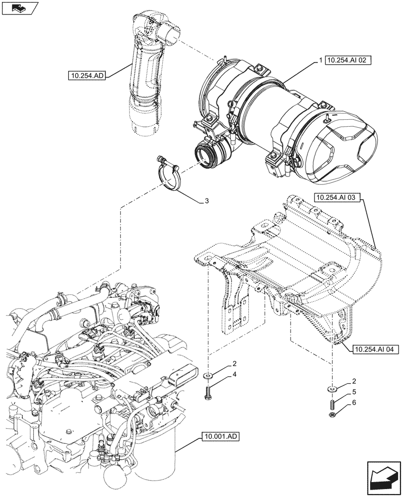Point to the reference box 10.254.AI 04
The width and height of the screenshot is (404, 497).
pos(374,349)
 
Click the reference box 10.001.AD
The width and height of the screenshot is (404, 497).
pos(221,437)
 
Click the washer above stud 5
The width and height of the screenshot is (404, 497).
pos(331,387)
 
